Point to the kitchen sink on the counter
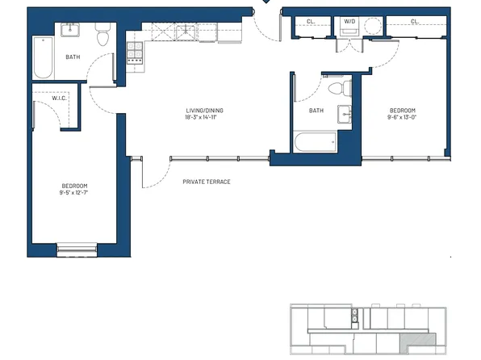(x=185, y=31)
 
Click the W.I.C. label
(x=48, y=98)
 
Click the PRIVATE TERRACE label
(x=206, y=182)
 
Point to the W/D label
(x=349, y=21)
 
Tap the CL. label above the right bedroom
(x=414, y=22)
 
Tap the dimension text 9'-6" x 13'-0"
(x=403, y=117)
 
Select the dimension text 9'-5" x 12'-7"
(x=73, y=192)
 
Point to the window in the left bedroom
(x=77, y=250)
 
